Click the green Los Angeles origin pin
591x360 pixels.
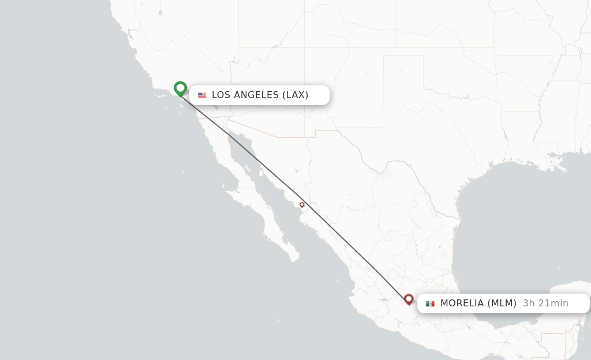pyautogui.click(x=180, y=88)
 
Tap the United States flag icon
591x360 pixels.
pyautogui.click(x=201, y=95)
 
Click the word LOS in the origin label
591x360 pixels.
pyautogui.click(x=221, y=95)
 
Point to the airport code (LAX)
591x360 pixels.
pyautogui.click(x=295, y=95)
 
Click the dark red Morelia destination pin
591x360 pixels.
pyautogui.click(x=409, y=299)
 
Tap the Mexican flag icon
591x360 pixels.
pyautogui.click(x=430, y=303)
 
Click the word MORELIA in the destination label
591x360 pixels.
pyautogui.click(x=462, y=303)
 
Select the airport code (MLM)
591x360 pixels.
pyautogui.click(x=502, y=303)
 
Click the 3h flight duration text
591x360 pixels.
pyautogui.click(x=529, y=303)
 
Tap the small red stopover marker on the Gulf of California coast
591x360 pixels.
pyautogui.click(x=302, y=204)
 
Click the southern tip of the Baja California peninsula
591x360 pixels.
pyautogui.click(x=294, y=260)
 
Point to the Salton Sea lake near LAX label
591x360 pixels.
pyautogui.click(x=215, y=107)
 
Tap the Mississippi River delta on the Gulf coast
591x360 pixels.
pyautogui.click(x=563, y=168)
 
